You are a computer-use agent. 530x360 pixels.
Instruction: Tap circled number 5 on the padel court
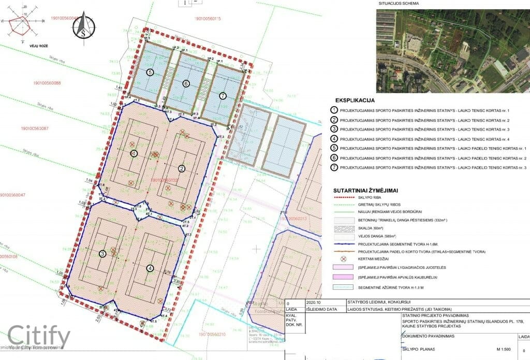click(150, 73)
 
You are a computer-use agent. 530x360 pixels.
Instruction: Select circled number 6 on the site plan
click(186, 84)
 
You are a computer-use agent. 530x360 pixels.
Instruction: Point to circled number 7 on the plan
click(223, 96)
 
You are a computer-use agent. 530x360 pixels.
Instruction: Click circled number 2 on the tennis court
click(182, 168)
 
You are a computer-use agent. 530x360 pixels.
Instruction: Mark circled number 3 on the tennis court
click(103, 253)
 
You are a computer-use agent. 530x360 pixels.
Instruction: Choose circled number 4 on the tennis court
click(150, 268)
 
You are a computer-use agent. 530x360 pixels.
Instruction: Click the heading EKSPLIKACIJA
click(355, 99)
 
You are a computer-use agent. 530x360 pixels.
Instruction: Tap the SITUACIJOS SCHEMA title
click(399, 4)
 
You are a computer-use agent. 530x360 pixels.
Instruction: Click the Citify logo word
click(39, 335)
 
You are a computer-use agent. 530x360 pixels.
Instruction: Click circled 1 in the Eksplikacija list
click(335, 111)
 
